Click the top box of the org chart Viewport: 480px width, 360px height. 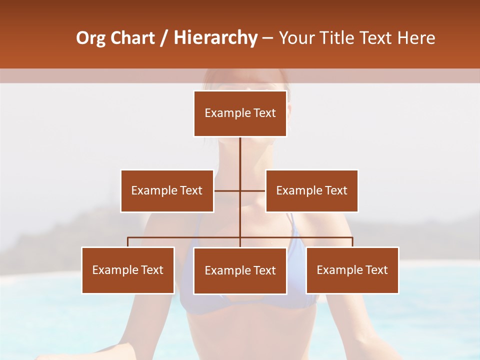coord(240,113)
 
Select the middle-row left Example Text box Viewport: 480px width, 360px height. coord(167,190)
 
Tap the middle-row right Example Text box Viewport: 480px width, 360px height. coord(311,190)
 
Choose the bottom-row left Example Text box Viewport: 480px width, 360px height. coord(128,270)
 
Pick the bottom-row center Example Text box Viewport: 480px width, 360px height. coord(240,270)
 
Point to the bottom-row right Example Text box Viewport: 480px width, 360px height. coord(352,270)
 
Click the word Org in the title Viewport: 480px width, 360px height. coord(90,38)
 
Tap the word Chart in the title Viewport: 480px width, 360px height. coord(132,38)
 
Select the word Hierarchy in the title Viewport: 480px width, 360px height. coord(215,38)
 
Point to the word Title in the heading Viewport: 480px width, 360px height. coord(339,38)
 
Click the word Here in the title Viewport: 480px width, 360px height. coord(414,38)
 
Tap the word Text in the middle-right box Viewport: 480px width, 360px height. coord(336,190)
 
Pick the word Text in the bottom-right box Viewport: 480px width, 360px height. coord(376,270)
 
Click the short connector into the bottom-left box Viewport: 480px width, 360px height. coord(128,242)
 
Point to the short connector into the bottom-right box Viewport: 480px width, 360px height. coord(352,242)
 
